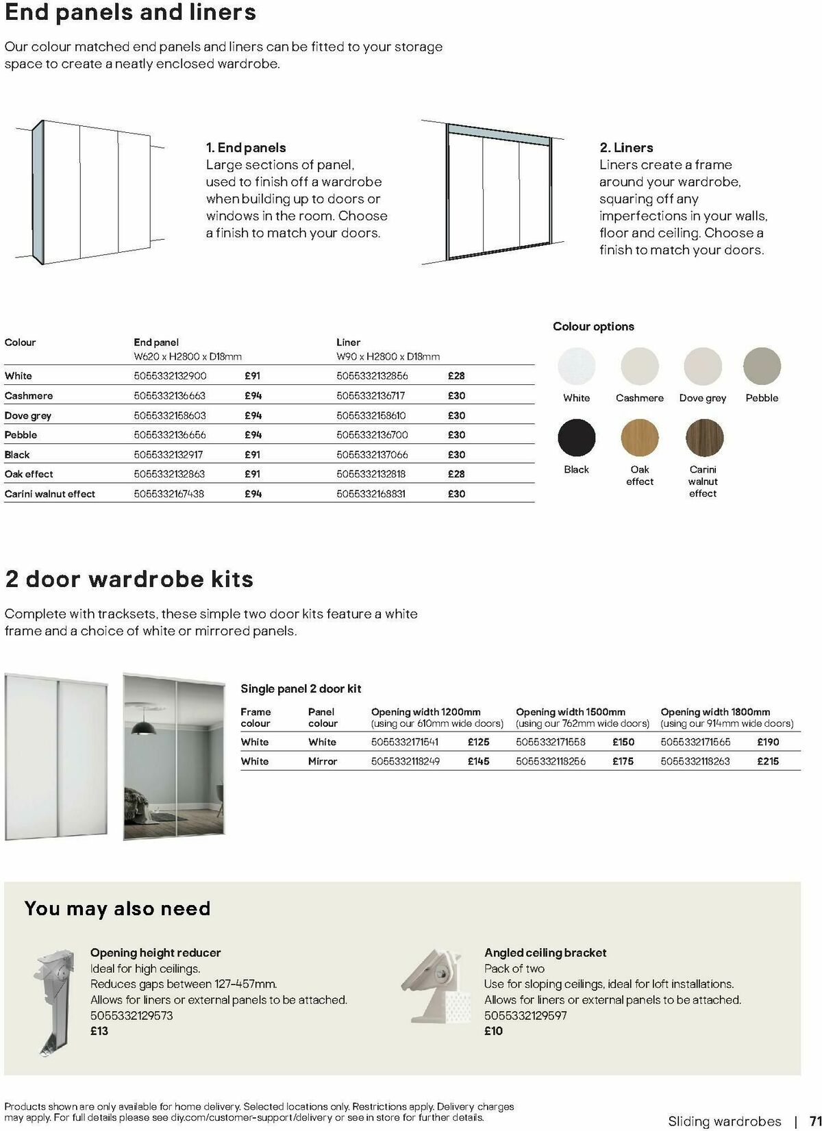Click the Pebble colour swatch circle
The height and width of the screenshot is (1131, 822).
click(762, 366)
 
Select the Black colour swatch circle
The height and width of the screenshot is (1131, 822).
click(576, 437)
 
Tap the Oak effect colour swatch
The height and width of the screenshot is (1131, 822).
click(639, 437)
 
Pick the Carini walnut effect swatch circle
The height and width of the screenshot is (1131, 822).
click(703, 437)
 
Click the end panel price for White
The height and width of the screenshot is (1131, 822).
click(252, 376)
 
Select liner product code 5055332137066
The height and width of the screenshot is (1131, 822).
click(372, 455)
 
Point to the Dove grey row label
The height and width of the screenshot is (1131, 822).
click(28, 416)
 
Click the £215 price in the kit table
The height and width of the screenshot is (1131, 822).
click(768, 761)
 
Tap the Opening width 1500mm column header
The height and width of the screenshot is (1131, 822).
click(570, 712)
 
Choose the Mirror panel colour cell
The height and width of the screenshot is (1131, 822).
click(323, 761)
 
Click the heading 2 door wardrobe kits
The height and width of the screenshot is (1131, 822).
click(129, 579)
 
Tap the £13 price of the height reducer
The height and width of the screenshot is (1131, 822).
click(99, 1031)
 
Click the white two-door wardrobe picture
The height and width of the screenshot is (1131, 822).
click(56, 757)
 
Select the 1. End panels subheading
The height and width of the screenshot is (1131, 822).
click(246, 148)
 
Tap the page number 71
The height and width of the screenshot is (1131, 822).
click(814, 1121)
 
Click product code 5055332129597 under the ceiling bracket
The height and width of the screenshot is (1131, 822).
click(525, 1016)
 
